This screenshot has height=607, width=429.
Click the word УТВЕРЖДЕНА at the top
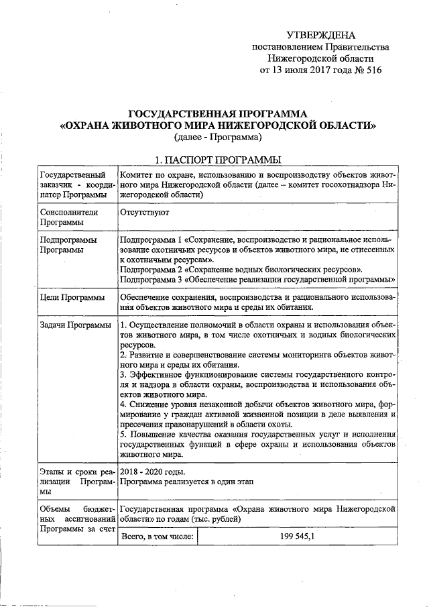coord(320,35)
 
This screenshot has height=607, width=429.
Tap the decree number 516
coord(370,70)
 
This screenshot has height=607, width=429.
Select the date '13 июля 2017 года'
coord(310,70)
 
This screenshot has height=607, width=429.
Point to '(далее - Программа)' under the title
coord(217,137)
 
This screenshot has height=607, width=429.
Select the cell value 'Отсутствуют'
coord(144,212)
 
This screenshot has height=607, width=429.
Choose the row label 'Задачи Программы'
coord(75,326)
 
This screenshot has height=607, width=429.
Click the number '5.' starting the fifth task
coord(124,435)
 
